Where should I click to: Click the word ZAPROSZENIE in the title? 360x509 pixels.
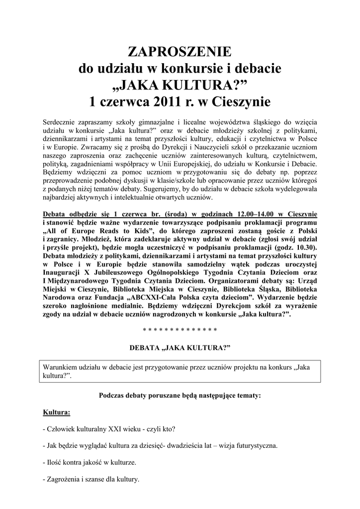pos(180,51)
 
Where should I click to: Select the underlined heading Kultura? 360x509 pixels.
pos(57,413)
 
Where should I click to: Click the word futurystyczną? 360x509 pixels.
pos(254,446)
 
